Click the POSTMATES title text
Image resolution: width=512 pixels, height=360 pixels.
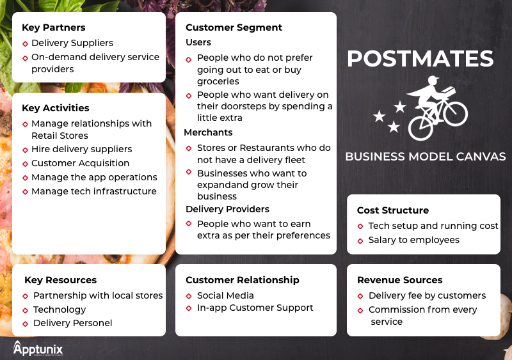pyautogui.click(x=420, y=59)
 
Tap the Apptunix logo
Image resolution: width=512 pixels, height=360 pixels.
pyautogui.click(x=38, y=348)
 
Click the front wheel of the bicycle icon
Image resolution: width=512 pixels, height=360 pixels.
pyautogui.click(x=456, y=114)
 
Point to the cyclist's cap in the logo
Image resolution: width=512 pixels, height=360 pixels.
pyautogui.click(x=434, y=79)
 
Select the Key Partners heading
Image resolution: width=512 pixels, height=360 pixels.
pyautogui.click(x=54, y=27)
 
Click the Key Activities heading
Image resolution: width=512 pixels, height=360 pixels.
pyautogui.click(x=56, y=108)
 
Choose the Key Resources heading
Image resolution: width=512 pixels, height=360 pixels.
pyautogui.click(x=60, y=280)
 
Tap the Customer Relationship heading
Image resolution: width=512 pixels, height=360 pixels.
pyautogui.click(x=243, y=280)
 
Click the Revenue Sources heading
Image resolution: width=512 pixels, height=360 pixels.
pyautogui.click(x=399, y=280)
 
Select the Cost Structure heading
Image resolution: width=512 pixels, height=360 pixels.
pyautogui.click(x=393, y=210)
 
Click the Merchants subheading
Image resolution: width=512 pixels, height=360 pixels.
pyautogui.click(x=209, y=132)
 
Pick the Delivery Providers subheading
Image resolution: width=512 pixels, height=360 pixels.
pyautogui.click(x=227, y=209)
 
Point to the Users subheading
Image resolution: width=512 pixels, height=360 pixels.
pyautogui.click(x=198, y=42)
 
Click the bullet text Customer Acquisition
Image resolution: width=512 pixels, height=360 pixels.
pyautogui.click(x=81, y=163)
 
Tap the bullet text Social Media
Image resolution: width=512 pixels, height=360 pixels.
pyautogui.click(x=225, y=295)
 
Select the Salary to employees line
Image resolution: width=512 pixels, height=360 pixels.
pyautogui.click(x=413, y=240)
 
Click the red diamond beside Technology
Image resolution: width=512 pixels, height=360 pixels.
pyautogui.click(x=25, y=310)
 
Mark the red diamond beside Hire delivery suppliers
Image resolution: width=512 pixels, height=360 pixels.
pyautogui.click(x=25, y=150)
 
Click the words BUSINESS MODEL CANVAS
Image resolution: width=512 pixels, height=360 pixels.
pyautogui.click(x=426, y=157)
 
